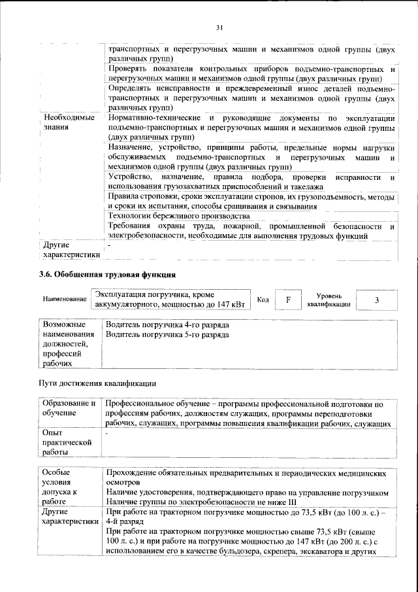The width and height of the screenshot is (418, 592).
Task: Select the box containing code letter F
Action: [x=287, y=300]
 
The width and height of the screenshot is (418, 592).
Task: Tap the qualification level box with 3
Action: [x=376, y=300]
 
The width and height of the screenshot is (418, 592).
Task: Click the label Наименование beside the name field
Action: [x=65, y=300]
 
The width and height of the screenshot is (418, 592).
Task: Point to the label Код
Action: [x=263, y=300]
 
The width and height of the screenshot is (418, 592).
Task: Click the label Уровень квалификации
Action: [x=329, y=300]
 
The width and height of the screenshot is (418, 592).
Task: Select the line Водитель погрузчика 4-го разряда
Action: [x=167, y=324]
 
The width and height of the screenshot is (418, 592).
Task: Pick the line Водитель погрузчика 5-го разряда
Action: [x=167, y=334]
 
